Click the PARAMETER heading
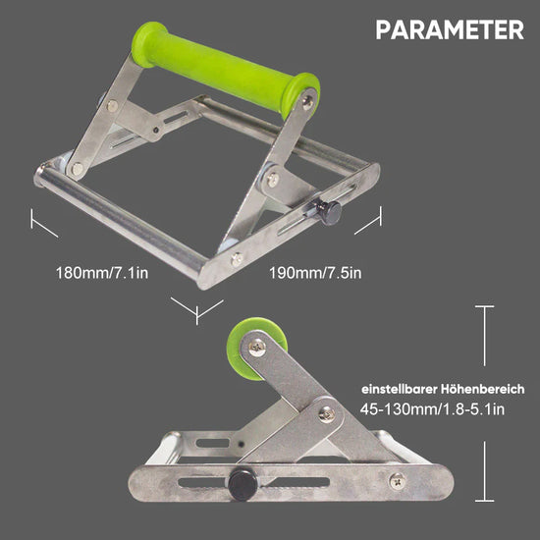point(450,29)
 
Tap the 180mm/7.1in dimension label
point(102,273)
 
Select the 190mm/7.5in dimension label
point(315,273)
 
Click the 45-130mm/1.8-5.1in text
point(432,409)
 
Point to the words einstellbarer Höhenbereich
point(443,389)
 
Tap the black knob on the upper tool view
point(329,212)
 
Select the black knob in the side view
point(243,485)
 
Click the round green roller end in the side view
point(255,348)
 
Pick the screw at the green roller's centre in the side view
point(257,348)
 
